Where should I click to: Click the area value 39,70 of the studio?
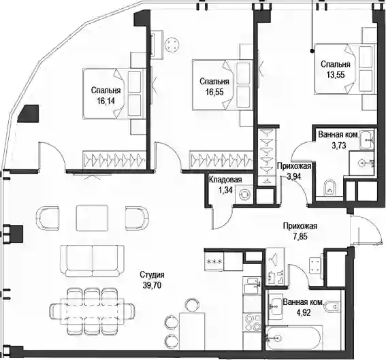click(x=152, y=285)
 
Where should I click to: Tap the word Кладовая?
click(x=225, y=180)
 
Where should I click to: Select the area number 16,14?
click(x=106, y=101)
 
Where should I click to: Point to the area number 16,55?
click(x=214, y=92)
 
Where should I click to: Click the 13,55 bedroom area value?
click(x=336, y=75)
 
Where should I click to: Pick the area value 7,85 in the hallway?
click(x=300, y=236)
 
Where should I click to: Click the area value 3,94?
click(x=294, y=176)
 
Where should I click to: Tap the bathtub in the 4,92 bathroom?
click(x=293, y=338)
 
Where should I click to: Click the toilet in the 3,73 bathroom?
click(x=329, y=188)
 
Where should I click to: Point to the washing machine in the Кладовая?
click(x=244, y=195)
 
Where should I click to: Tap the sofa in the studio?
click(x=92, y=261)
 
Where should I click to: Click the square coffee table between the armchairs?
click(x=92, y=218)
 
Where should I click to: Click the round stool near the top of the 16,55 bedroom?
click(x=171, y=44)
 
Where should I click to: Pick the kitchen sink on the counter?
click(x=252, y=284)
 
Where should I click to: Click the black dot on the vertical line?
click(x=312, y=51)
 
